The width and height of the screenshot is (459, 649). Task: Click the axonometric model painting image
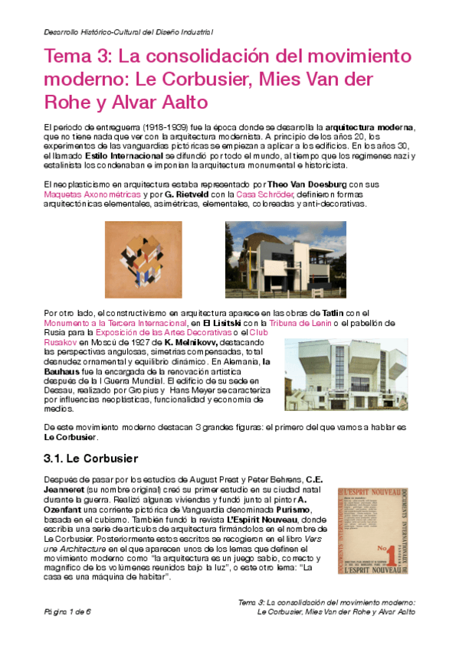point(141,259)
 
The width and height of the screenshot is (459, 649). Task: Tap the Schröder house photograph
point(285,259)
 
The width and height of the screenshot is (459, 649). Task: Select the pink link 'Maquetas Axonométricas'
point(82,194)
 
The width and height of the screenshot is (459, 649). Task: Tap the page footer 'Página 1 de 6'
point(67,612)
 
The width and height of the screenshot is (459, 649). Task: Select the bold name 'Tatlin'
point(333,314)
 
